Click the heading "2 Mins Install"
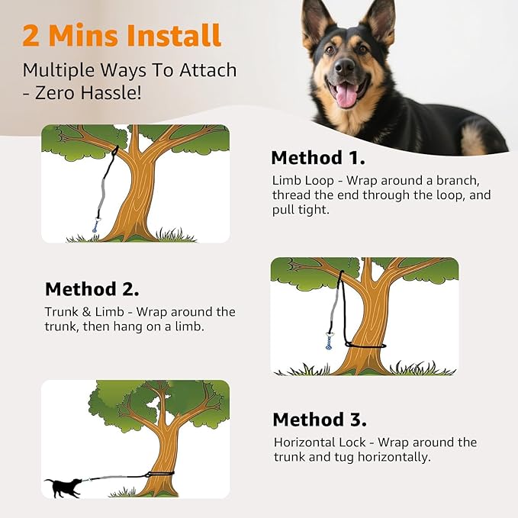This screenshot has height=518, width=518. point(122,35)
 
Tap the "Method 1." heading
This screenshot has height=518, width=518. point(318,158)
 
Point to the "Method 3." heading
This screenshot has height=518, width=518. point(320,420)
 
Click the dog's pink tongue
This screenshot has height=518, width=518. point(346,95)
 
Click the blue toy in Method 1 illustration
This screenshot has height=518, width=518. point(96,226)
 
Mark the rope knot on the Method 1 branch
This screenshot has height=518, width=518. point(114,150)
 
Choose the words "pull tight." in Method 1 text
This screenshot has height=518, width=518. point(301,210)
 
